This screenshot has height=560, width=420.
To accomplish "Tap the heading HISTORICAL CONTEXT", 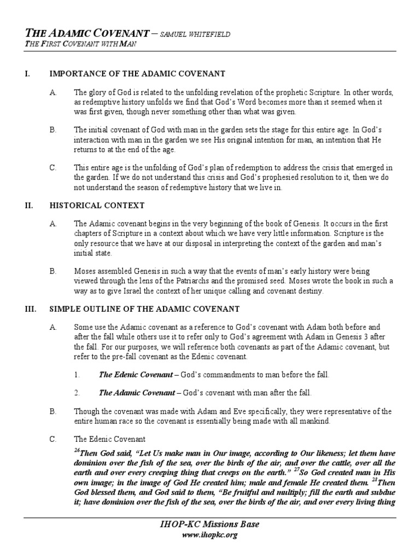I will pos(97,206).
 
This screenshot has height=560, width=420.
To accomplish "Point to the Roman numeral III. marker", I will pos(30,309).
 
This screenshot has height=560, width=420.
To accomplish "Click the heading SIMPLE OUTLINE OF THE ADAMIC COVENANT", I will pos(144,309).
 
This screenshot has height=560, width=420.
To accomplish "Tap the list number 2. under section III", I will pos(77,393).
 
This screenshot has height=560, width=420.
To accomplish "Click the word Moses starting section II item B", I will pos(85,271).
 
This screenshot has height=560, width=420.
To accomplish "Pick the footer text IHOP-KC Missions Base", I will pos(209,524).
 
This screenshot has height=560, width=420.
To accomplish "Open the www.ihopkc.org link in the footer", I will pos(209,535).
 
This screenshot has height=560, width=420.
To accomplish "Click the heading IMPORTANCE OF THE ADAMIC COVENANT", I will pos(137,73).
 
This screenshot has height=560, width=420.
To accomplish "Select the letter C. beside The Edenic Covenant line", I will pos(53,439).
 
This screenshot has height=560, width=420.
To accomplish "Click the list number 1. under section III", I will pos(77,375).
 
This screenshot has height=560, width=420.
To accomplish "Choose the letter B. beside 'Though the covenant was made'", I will pos(53,411).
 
